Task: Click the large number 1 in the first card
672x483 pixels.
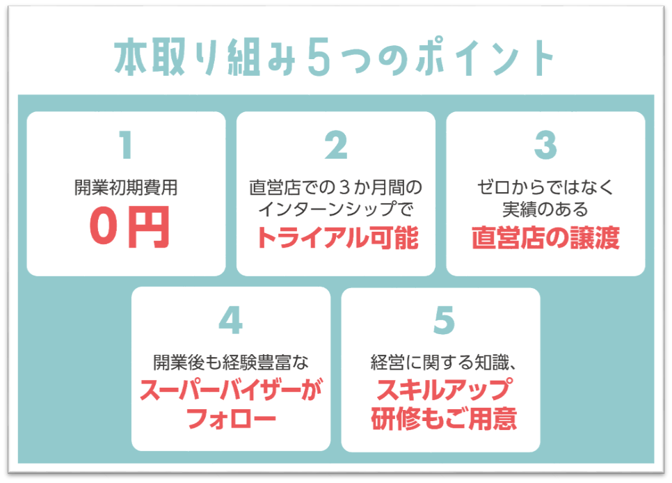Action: [x=126, y=145]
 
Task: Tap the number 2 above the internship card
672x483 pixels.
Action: [x=336, y=145]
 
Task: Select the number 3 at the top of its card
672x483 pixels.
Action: [x=545, y=145]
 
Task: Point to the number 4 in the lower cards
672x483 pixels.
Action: [x=230, y=320]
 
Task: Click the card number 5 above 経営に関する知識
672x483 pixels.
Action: [x=444, y=320]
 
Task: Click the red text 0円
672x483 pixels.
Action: [x=129, y=227]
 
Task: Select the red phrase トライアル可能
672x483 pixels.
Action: [x=337, y=237]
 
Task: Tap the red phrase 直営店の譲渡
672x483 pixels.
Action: [x=545, y=237]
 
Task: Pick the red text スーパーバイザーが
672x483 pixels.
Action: [x=230, y=390]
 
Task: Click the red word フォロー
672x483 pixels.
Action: [x=231, y=418]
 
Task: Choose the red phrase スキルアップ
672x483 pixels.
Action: [x=445, y=390]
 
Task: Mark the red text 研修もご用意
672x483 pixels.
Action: [x=444, y=418]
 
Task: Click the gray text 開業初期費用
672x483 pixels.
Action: [x=126, y=187]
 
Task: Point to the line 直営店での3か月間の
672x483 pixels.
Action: [x=335, y=187]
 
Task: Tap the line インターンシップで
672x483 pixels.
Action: [x=335, y=209]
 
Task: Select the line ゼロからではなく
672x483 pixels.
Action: [x=545, y=187]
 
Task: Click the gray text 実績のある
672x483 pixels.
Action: [x=545, y=209]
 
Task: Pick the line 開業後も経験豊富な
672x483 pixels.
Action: [x=230, y=363]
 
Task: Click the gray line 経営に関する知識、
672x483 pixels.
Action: [x=444, y=363]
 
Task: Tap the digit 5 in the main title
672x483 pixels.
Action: [x=319, y=57]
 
